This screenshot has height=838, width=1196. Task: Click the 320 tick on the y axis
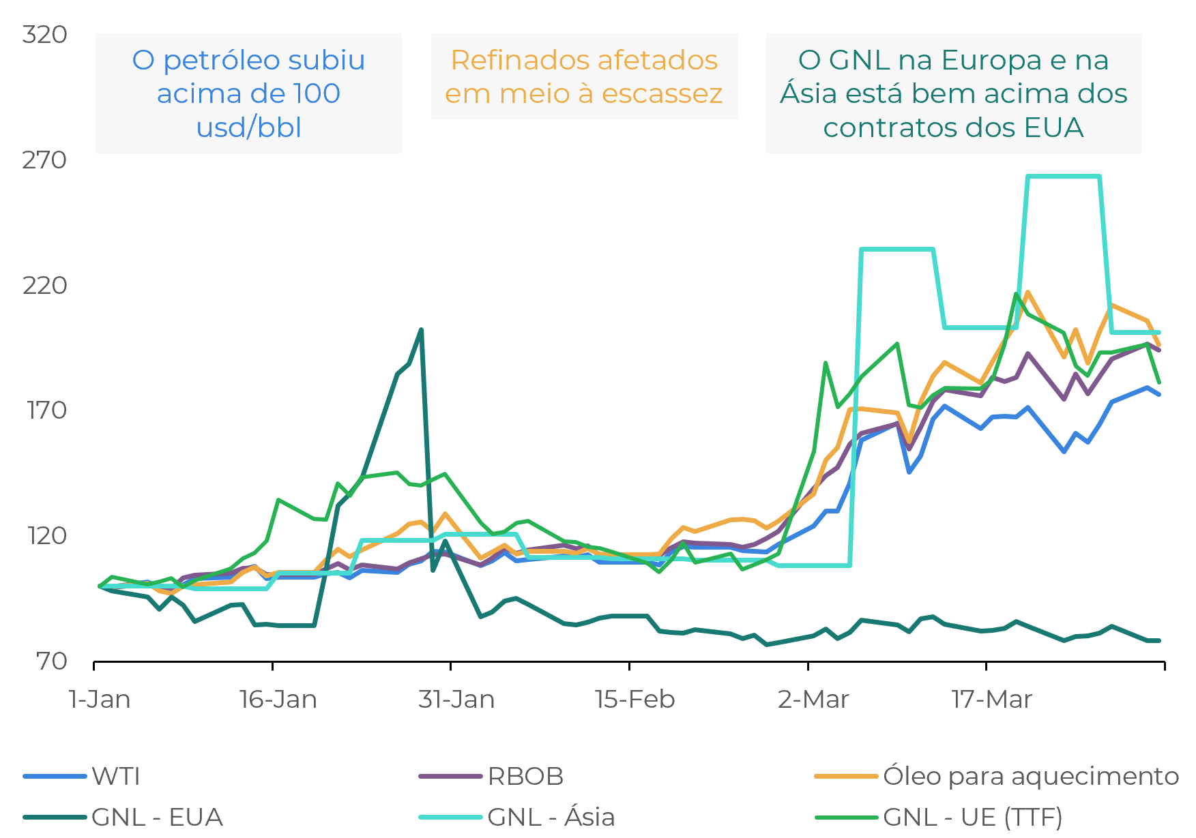click(x=44, y=34)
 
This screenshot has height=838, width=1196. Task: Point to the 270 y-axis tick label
click(x=44, y=160)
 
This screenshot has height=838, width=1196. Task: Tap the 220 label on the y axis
click(x=44, y=285)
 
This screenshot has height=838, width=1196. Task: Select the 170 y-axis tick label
click(x=46, y=410)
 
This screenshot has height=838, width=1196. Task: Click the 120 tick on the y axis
click(x=46, y=535)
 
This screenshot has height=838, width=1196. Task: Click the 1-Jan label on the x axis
click(x=100, y=700)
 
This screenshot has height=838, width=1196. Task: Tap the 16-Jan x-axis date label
click(x=278, y=700)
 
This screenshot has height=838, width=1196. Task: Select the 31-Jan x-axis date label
click(x=456, y=700)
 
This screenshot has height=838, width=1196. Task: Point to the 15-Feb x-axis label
click(x=635, y=700)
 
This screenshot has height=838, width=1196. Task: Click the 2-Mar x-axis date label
click(x=813, y=700)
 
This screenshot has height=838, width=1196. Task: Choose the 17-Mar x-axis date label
click(x=991, y=700)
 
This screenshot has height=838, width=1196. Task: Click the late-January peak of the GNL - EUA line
click(x=421, y=330)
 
